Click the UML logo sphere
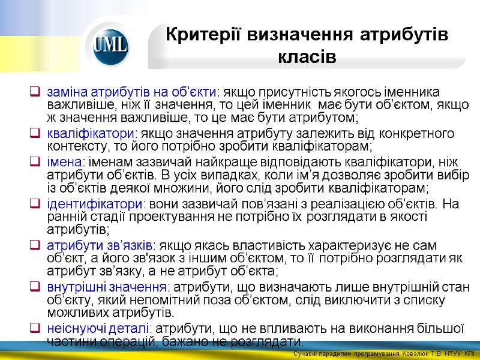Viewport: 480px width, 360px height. pyautogui.click(x=111, y=46)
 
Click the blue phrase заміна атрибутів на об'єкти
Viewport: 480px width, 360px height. pyautogui.click(x=131, y=92)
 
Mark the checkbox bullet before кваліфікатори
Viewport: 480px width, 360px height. pyautogui.click(x=35, y=133)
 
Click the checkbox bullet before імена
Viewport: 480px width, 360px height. pyautogui.click(x=35, y=161)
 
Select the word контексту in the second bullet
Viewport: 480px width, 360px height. pyautogui.click(x=74, y=146)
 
